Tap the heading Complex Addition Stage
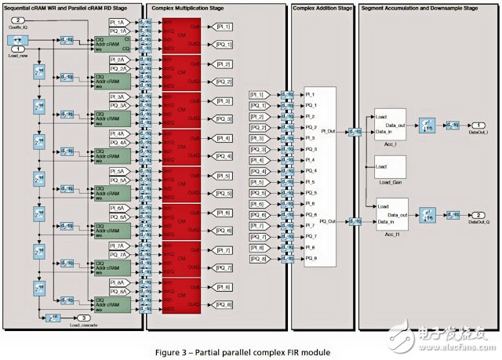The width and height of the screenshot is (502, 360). coord(322,8)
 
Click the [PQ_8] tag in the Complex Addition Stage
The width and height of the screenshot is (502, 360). coord(258,258)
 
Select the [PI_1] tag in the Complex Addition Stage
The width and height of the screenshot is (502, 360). coord(258,94)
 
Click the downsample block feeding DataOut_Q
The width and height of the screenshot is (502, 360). coord(428,214)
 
